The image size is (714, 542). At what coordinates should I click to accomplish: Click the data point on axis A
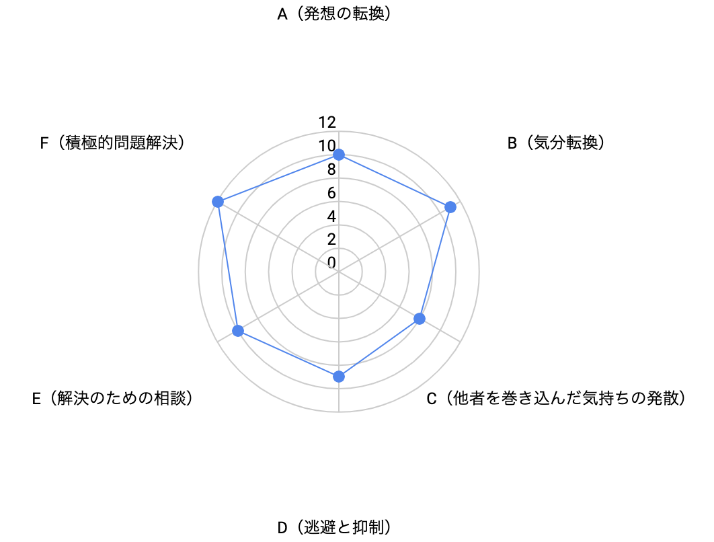(x=338, y=155)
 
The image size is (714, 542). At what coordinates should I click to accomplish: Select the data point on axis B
(x=450, y=207)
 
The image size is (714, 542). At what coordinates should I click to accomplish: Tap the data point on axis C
(x=420, y=318)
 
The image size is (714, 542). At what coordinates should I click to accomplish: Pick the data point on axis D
(x=338, y=377)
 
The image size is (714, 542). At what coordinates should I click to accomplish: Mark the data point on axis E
(x=238, y=330)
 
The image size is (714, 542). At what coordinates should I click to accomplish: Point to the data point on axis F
(x=218, y=202)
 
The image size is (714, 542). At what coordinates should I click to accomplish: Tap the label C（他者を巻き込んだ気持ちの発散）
(x=557, y=399)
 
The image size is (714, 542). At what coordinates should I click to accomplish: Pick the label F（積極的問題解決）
(x=113, y=143)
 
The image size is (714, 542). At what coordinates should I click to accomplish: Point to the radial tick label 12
(x=327, y=122)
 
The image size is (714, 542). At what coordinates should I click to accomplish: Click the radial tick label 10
(x=327, y=146)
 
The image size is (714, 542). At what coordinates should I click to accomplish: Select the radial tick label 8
(x=331, y=169)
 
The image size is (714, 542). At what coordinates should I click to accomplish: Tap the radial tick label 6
(x=331, y=193)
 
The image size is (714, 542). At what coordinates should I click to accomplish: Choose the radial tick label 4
(x=331, y=216)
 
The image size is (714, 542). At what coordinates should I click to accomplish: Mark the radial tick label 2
(x=331, y=239)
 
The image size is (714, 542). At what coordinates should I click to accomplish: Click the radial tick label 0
(x=331, y=262)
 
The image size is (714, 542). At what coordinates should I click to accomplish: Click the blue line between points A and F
(x=278, y=178)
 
